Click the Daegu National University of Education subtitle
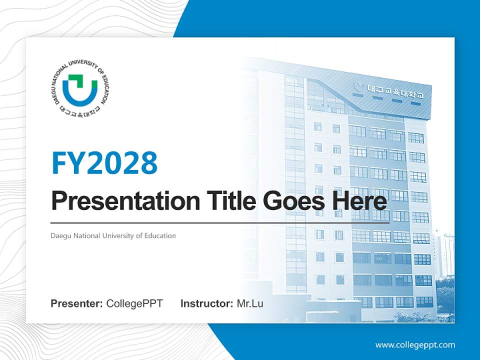[113, 235]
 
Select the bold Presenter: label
[77, 303]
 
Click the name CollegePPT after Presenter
[134, 303]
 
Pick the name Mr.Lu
[250, 303]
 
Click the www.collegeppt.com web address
[415, 344]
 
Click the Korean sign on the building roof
[395, 91]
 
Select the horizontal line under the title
[220, 222]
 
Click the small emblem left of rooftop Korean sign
[358, 86]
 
